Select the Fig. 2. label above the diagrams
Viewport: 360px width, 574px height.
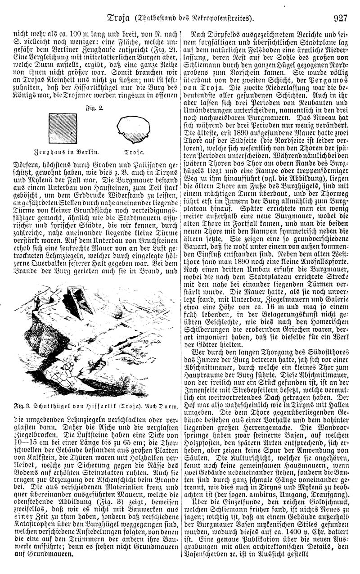point(95,108)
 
